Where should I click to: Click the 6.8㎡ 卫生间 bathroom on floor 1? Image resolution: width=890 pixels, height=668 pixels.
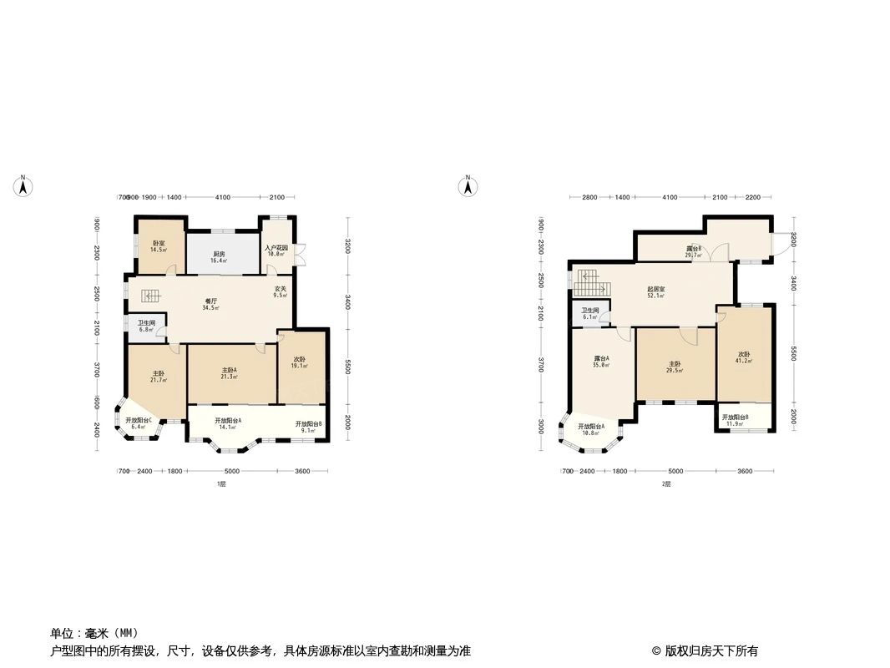(x=146, y=326)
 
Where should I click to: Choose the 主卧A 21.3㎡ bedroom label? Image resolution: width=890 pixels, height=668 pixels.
(x=230, y=373)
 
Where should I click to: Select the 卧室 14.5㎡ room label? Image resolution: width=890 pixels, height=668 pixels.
(x=158, y=246)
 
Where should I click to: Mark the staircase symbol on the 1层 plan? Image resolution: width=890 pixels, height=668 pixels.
(x=149, y=296)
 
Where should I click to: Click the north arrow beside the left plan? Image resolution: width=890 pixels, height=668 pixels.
(x=24, y=186)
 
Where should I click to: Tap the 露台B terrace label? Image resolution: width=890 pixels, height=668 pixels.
(x=693, y=251)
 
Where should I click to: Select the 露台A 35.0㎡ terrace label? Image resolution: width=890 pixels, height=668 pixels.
(x=600, y=362)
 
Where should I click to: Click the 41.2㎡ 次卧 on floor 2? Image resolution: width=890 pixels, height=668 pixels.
(x=744, y=357)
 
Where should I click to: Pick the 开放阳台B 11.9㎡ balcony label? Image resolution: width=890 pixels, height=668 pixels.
(x=735, y=420)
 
